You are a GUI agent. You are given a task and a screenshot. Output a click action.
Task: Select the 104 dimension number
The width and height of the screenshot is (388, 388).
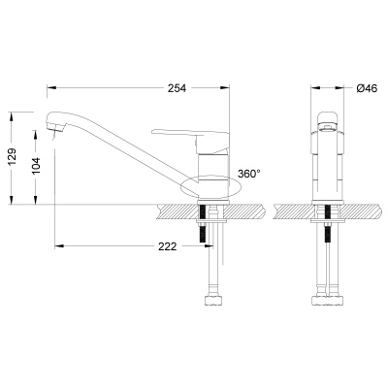coord(36,167)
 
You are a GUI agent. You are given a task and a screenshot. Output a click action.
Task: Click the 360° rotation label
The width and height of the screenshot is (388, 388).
coord(249,175)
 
